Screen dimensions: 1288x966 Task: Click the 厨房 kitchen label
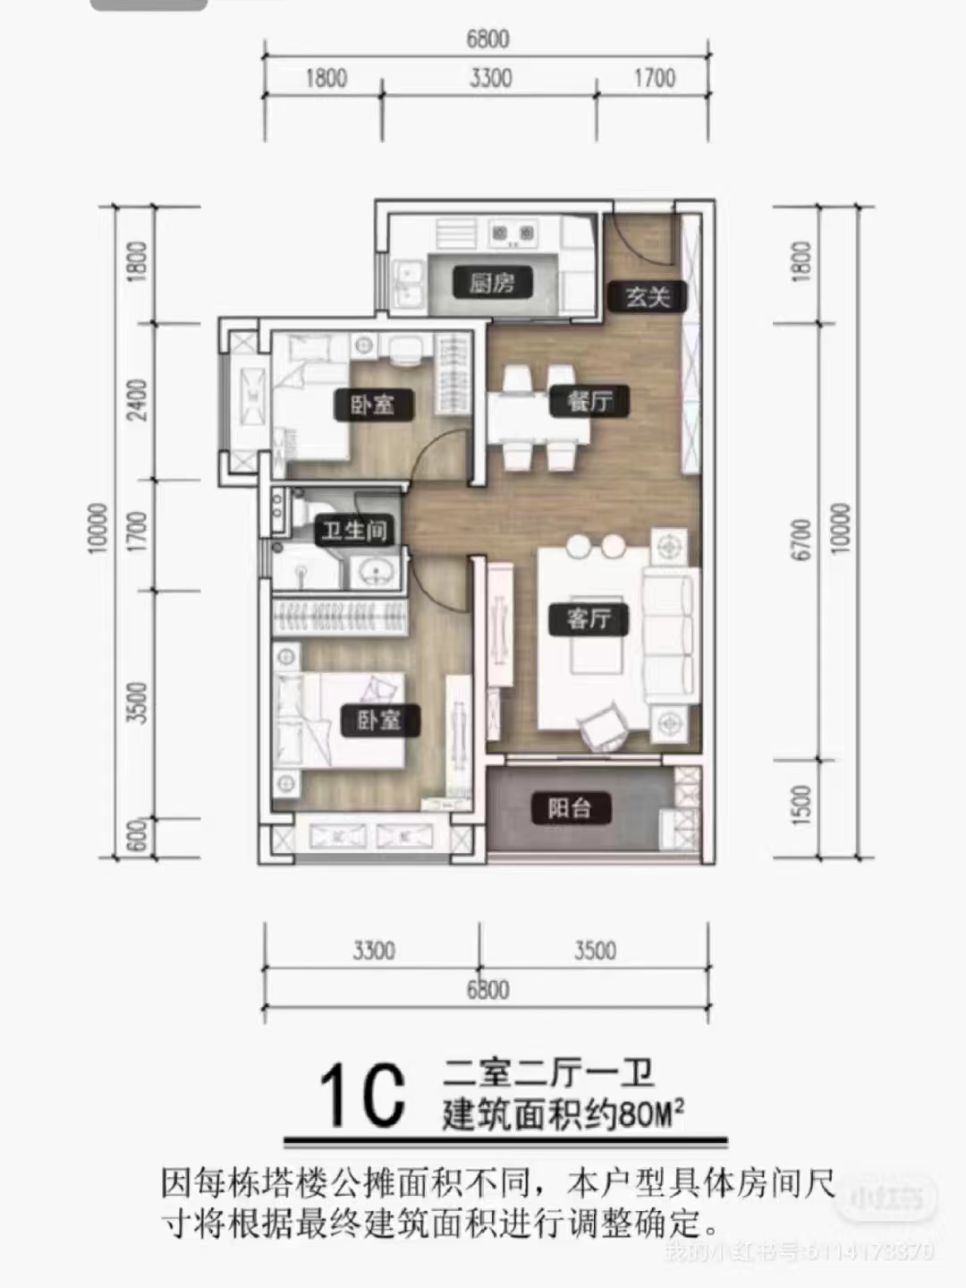(x=492, y=283)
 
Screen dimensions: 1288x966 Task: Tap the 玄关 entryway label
(x=648, y=296)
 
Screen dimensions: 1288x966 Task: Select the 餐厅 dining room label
(x=589, y=400)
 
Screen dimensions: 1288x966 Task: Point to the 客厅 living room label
(x=589, y=618)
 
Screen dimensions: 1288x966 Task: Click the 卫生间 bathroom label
(x=354, y=531)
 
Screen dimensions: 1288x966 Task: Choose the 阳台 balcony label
(x=569, y=808)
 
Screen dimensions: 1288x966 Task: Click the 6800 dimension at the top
(x=487, y=38)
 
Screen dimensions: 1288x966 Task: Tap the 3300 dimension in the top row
(x=490, y=78)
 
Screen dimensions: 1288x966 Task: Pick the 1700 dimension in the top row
(x=654, y=78)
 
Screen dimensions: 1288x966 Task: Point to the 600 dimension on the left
(x=136, y=839)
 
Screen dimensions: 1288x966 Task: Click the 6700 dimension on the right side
(x=801, y=540)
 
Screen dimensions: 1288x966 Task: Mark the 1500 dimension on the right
(x=801, y=805)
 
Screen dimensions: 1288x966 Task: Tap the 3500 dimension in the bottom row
(x=595, y=950)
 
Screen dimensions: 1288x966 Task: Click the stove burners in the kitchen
(x=512, y=235)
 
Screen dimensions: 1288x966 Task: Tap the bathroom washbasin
(x=374, y=570)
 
